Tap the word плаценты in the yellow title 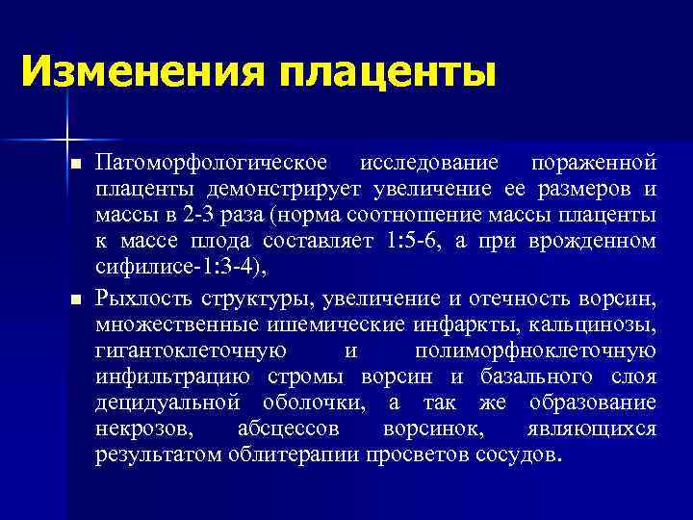pos(387,72)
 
